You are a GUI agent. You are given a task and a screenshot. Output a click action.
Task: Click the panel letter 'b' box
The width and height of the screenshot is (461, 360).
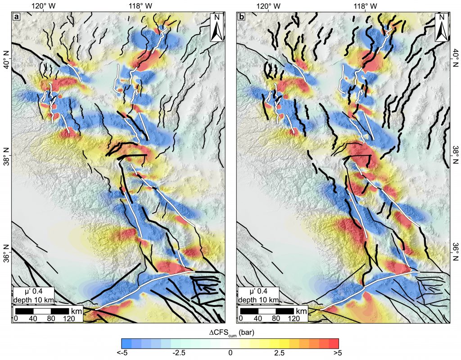(241, 18)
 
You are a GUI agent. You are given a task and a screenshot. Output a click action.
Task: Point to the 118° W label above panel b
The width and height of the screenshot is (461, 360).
(363, 6)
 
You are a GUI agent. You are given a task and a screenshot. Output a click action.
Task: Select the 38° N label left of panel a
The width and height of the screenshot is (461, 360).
(6, 156)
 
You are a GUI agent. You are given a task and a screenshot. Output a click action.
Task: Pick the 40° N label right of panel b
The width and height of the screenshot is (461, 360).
(455, 59)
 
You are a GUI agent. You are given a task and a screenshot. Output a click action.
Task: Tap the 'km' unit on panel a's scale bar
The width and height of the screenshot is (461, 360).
(75, 311)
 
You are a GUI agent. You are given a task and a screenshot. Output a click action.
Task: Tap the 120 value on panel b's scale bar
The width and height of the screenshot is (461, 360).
(294, 319)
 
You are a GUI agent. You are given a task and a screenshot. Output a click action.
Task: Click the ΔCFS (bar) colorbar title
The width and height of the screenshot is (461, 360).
(230, 333)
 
